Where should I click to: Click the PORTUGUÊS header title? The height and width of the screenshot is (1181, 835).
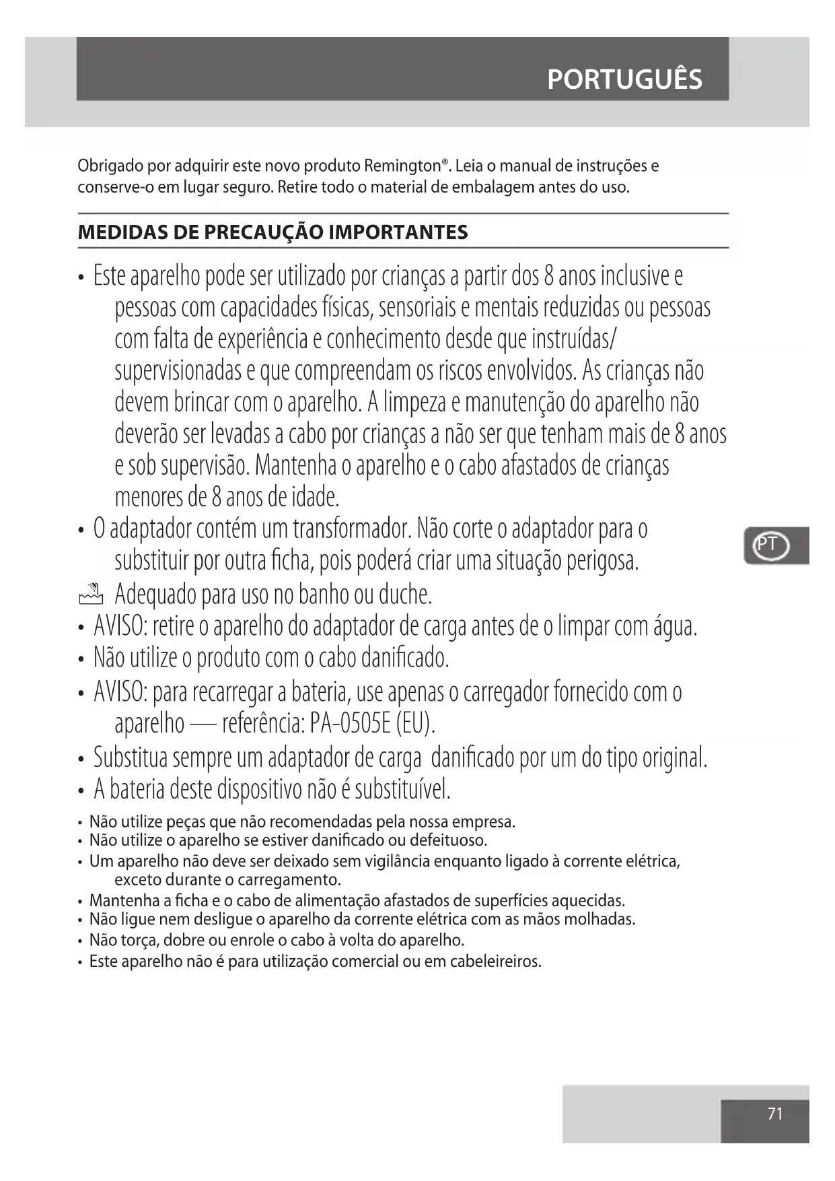pos(624,79)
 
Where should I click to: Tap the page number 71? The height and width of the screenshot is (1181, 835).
pos(775,1114)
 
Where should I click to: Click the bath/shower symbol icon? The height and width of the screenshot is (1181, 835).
pos(91,593)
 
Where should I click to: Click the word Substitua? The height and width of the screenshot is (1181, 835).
pos(131,757)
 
